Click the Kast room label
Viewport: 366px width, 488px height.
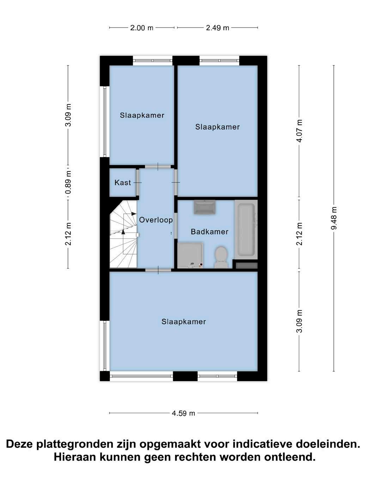tap(123, 183)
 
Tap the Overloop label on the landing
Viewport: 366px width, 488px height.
tap(156, 220)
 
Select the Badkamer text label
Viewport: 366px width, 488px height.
tap(209, 232)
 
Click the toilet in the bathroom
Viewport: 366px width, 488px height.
tap(221, 257)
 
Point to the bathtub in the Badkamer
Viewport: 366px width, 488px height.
tap(246, 230)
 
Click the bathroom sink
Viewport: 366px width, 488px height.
tap(205, 207)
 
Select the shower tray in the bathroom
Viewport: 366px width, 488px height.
tap(190, 255)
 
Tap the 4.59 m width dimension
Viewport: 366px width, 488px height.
tap(183, 413)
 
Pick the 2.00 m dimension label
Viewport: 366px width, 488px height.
tap(141, 28)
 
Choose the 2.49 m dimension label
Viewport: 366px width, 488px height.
tap(217, 28)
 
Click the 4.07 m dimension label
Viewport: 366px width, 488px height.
tap(300, 131)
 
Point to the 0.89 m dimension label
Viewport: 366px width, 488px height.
tap(69, 182)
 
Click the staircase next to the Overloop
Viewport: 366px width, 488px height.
tap(123, 234)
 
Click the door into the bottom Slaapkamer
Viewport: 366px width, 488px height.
tap(158, 270)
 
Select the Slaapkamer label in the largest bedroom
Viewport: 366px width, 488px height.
tap(184, 322)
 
